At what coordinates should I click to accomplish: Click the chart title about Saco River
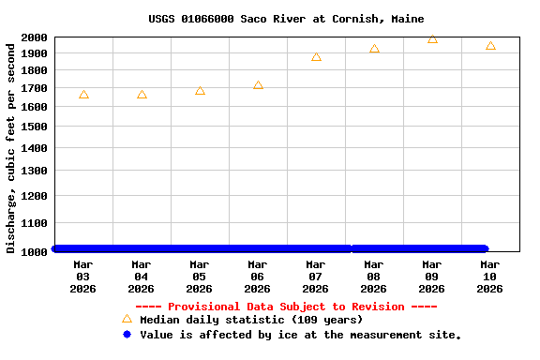pyautogui.click(x=286, y=19)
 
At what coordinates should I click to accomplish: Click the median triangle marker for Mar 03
pyautogui.click(x=83, y=95)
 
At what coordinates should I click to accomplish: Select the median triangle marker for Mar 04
pyautogui.click(x=142, y=95)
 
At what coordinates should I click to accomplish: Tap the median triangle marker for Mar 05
pyautogui.click(x=200, y=91)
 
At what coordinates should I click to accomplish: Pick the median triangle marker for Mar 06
pyautogui.click(x=258, y=85)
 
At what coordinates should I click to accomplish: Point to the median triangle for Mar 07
pyautogui.click(x=316, y=57)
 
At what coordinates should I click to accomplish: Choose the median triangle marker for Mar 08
pyautogui.click(x=374, y=49)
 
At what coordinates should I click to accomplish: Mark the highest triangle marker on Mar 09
pyautogui.click(x=432, y=38)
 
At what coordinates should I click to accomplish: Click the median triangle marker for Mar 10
pyautogui.click(x=490, y=45)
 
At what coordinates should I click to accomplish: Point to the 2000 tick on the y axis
pyautogui.click(x=34, y=37)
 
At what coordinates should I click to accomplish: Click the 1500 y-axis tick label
pyautogui.click(x=34, y=126)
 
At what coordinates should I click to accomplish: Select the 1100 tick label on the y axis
pyautogui.click(x=34, y=223)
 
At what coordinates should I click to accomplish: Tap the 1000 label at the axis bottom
pyautogui.click(x=34, y=252)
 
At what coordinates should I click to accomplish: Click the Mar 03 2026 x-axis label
pyautogui.click(x=83, y=277)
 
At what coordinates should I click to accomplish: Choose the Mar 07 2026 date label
pyautogui.click(x=316, y=277)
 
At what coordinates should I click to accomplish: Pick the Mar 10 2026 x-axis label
pyautogui.click(x=490, y=277)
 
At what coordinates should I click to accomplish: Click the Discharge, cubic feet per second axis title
pyautogui.click(x=11, y=147)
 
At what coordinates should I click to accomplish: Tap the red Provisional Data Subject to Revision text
pyautogui.click(x=286, y=307)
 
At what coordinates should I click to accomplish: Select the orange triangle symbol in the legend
pyautogui.click(x=127, y=319)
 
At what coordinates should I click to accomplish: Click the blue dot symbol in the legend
pyautogui.click(x=127, y=334)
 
